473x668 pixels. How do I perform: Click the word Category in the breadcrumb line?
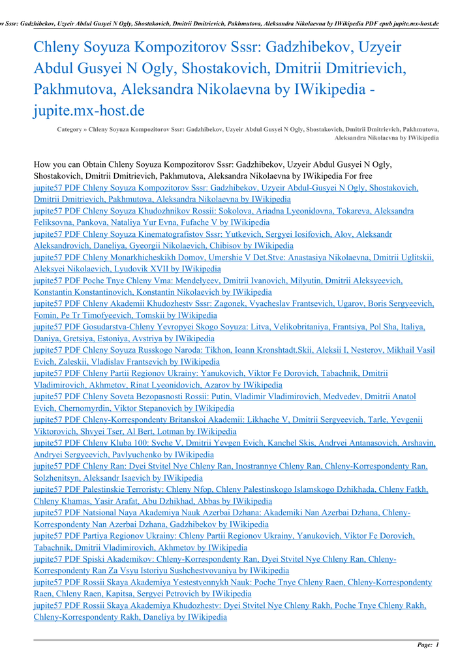[x=69, y=130]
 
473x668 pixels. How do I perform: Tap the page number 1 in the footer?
[x=437, y=645]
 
